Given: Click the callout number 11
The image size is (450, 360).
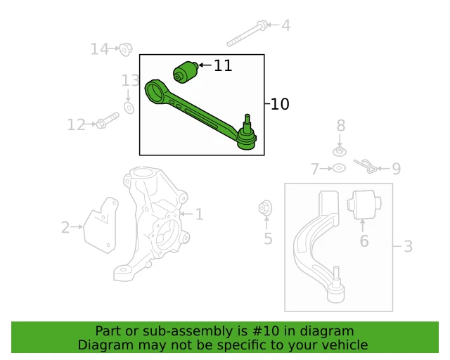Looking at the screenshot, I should pyautogui.click(x=223, y=66).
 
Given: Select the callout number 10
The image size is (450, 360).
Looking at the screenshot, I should pyautogui.click(x=279, y=104).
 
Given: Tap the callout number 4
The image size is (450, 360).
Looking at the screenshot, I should pyautogui.click(x=285, y=26).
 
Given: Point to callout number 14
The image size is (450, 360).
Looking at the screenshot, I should pyautogui.click(x=100, y=49).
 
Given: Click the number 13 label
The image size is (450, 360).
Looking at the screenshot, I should pyautogui.click(x=131, y=80).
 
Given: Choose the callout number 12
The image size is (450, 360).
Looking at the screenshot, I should pyautogui.click(x=76, y=125).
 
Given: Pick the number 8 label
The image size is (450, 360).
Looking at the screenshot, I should pyautogui.click(x=341, y=126).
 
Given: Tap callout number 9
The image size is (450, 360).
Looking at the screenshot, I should pyautogui.click(x=396, y=169).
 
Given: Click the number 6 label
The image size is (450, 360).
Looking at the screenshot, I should pyautogui.click(x=364, y=241).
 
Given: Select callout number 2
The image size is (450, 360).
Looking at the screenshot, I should pyautogui.click(x=65, y=227).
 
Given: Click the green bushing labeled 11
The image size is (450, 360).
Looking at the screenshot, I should pyautogui.click(x=186, y=72).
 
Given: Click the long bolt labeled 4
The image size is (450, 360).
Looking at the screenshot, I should pyautogui.click(x=246, y=33).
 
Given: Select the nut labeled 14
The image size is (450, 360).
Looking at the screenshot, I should pyautogui.click(x=126, y=49).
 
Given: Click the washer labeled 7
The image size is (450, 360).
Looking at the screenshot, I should pyautogui.click(x=338, y=169).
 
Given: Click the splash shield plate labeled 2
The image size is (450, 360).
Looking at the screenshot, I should pyautogui.click(x=101, y=224).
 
